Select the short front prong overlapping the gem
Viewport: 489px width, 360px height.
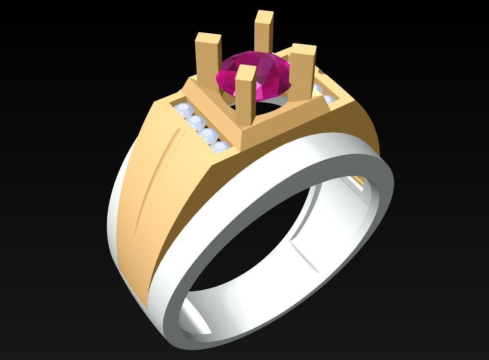246,94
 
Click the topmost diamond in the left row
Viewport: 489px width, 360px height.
181,110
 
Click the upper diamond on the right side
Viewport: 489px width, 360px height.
319,89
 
